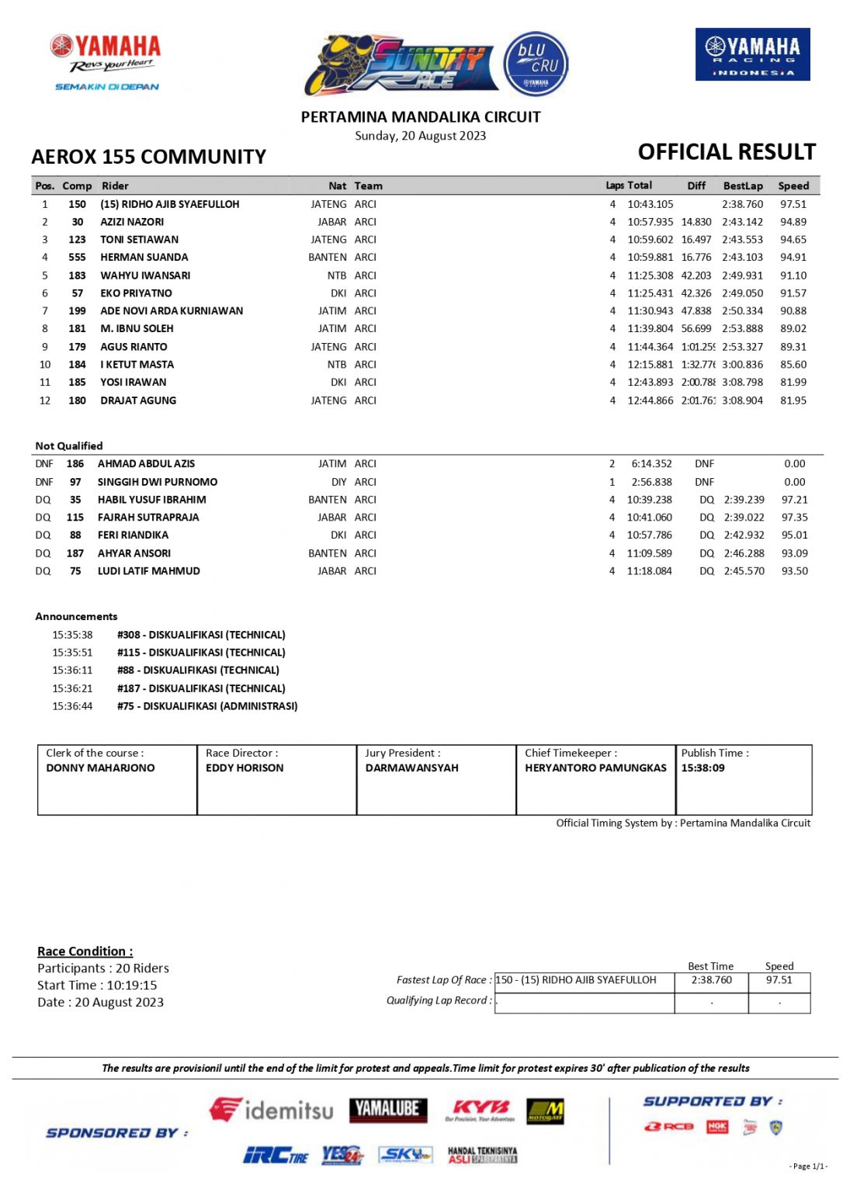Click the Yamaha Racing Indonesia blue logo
752,54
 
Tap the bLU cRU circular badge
536,64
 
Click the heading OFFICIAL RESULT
727,152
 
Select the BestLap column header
743,186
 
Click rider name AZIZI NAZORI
132,222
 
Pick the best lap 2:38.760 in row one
742,204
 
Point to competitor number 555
77,258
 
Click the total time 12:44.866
650,400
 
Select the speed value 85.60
793,365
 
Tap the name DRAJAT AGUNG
138,400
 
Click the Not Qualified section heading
69,446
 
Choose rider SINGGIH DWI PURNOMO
158,482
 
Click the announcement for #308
201,635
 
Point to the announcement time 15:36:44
72,706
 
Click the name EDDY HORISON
245,768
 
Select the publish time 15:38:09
702,768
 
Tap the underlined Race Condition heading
85,951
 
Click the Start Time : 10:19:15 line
97,986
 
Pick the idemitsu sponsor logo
272,1110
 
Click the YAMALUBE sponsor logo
388,1109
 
